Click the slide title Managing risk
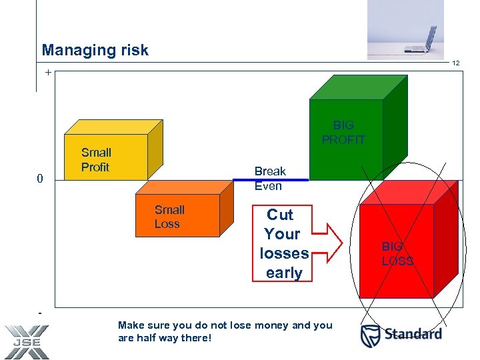point(95,50)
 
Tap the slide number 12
point(456,63)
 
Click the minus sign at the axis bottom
point(41,312)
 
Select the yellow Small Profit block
point(105,157)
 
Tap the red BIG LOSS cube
point(397,252)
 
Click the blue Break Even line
point(271,179)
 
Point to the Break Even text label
point(269,179)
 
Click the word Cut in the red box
point(280,215)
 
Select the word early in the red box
point(284,273)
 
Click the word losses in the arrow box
point(284,253)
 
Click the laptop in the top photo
point(423,40)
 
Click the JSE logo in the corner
point(26,341)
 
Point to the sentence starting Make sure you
point(225,331)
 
